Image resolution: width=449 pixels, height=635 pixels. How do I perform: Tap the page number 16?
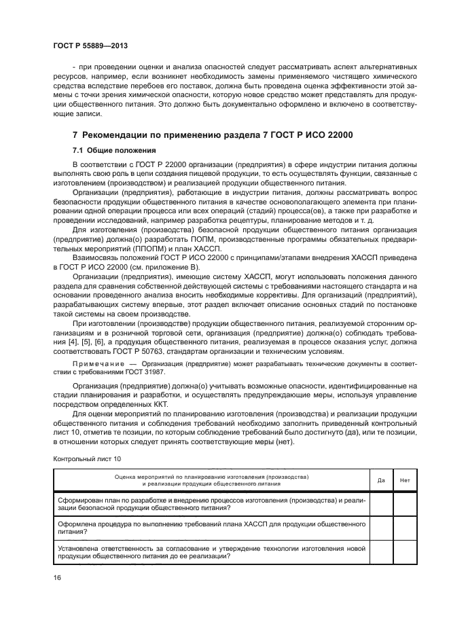[57, 577]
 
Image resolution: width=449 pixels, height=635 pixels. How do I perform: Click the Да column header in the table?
[381, 480]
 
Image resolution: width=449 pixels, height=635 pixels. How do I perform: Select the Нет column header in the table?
[405, 480]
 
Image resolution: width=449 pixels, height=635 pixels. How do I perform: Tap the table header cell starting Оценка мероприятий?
[211, 480]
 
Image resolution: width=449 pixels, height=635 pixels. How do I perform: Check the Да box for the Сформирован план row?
[381, 503]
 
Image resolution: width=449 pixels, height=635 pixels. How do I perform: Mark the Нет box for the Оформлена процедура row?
[405, 528]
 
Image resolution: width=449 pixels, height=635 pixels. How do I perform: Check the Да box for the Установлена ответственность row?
[381, 551]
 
